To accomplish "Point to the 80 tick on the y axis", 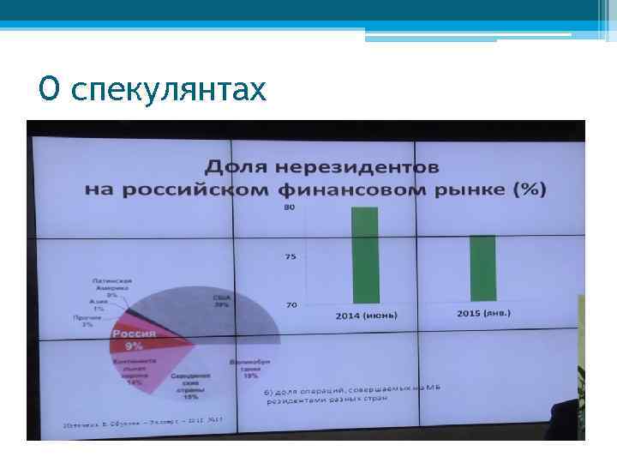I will (x=291, y=207).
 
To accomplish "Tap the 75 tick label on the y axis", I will (x=291, y=256).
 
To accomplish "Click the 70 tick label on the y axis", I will (x=291, y=304).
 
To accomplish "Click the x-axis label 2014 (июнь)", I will (x=366, y=316).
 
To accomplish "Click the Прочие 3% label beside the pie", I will (x=88, y=321).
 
